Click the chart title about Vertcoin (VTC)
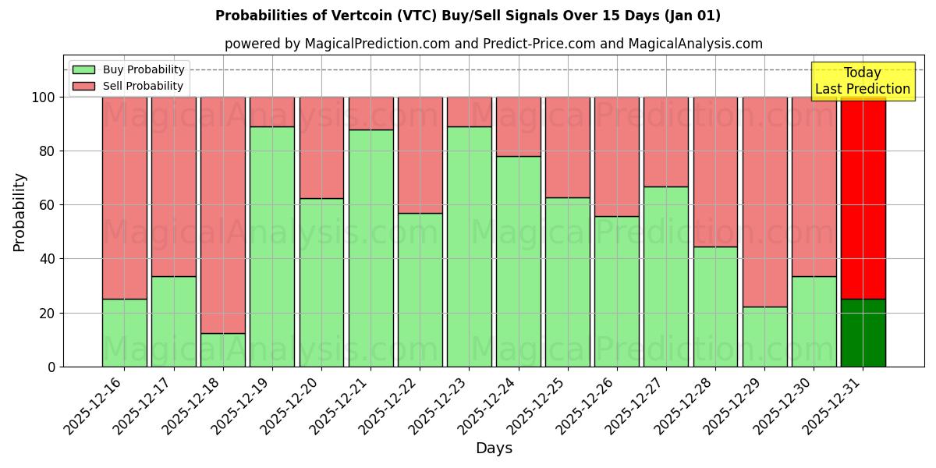pos(468,16)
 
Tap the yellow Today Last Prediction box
pos(863,81)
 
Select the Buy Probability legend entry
pos(144,69)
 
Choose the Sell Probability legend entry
pos(143,86)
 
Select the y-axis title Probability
pos(19,212)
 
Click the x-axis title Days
pos(494,448)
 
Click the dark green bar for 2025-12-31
pos(863,333)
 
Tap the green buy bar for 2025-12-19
pos(272,246)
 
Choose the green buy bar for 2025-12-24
pos(519,261)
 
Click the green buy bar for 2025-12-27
pos(666,276)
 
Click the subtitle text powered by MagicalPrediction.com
pos(493,44)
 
